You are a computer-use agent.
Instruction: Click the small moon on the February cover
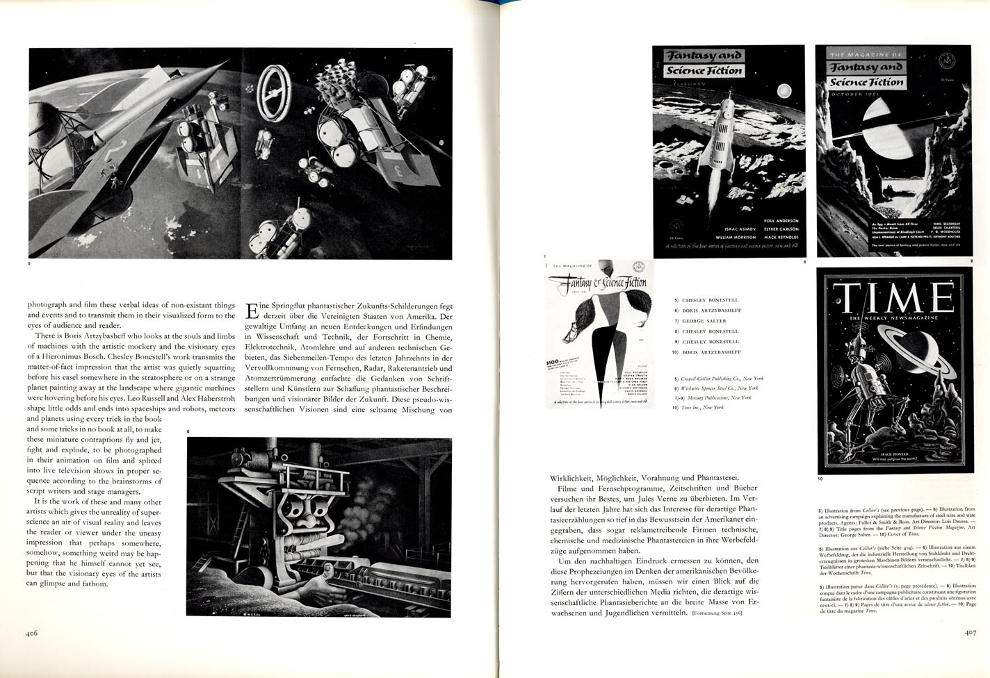point(786,90)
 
